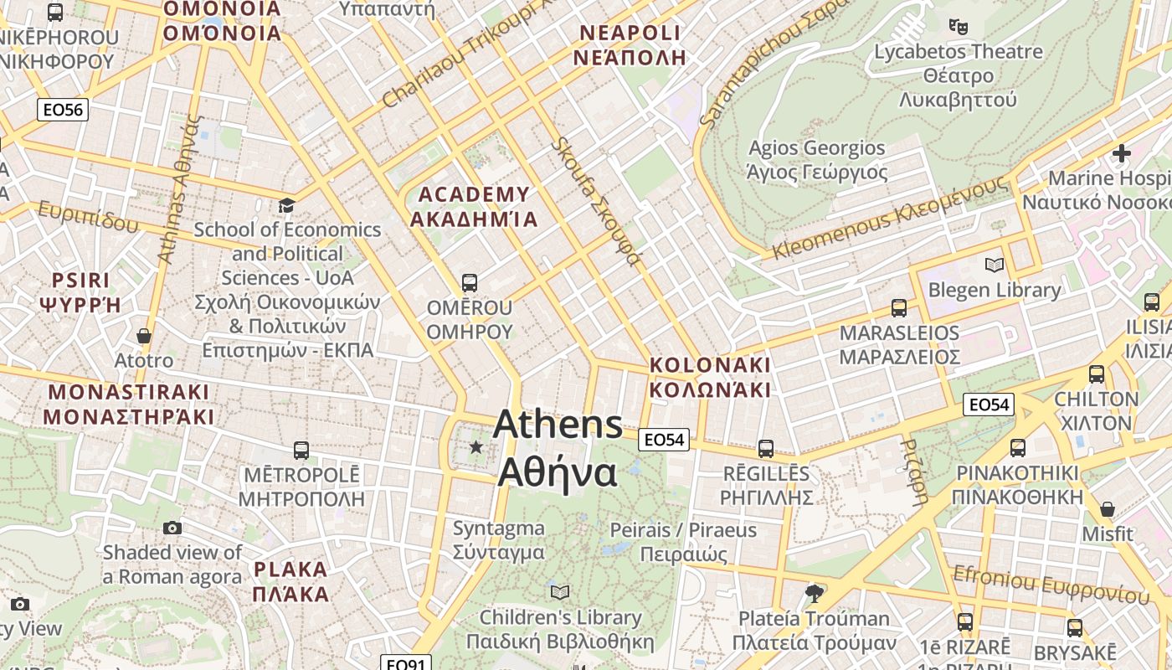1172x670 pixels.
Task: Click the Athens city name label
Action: point(558,449)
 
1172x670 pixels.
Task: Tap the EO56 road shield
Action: point(63,110)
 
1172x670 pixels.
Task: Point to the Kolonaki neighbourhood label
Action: point(710,378)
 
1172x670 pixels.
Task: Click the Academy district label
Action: point(473,207)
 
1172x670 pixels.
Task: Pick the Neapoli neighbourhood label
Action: point(630,45)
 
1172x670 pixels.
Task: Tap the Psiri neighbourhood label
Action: point(80,291)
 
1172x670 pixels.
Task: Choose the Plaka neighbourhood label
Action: point(290,582)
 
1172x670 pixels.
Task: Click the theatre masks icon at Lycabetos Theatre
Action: point(959,26)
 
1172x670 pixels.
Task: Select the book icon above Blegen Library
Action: point(995,265)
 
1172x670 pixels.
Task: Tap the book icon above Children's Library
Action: point(560,592)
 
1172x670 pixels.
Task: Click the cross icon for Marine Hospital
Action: point(1122,153)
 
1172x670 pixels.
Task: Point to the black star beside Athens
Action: point(476,447)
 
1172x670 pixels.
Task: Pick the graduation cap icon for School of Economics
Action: point(287,205)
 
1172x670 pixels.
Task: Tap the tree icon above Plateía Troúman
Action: point(814,594)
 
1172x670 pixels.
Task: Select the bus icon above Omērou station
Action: point(470,283)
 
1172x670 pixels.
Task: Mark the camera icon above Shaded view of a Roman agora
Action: point(172,528)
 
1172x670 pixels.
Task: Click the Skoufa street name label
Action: point(595,201)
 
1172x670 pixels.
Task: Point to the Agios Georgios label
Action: point(816,160)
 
